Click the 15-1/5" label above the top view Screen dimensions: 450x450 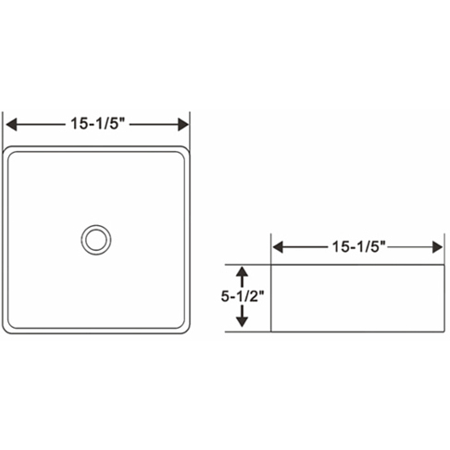pos(97,122)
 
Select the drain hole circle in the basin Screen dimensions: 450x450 pos(95,239)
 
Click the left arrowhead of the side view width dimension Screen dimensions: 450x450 pos(278,247)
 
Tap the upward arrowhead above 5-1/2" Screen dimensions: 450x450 pos(243,273)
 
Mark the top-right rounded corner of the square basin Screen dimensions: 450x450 pos(184,151)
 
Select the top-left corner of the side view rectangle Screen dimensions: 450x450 pos(270,262)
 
